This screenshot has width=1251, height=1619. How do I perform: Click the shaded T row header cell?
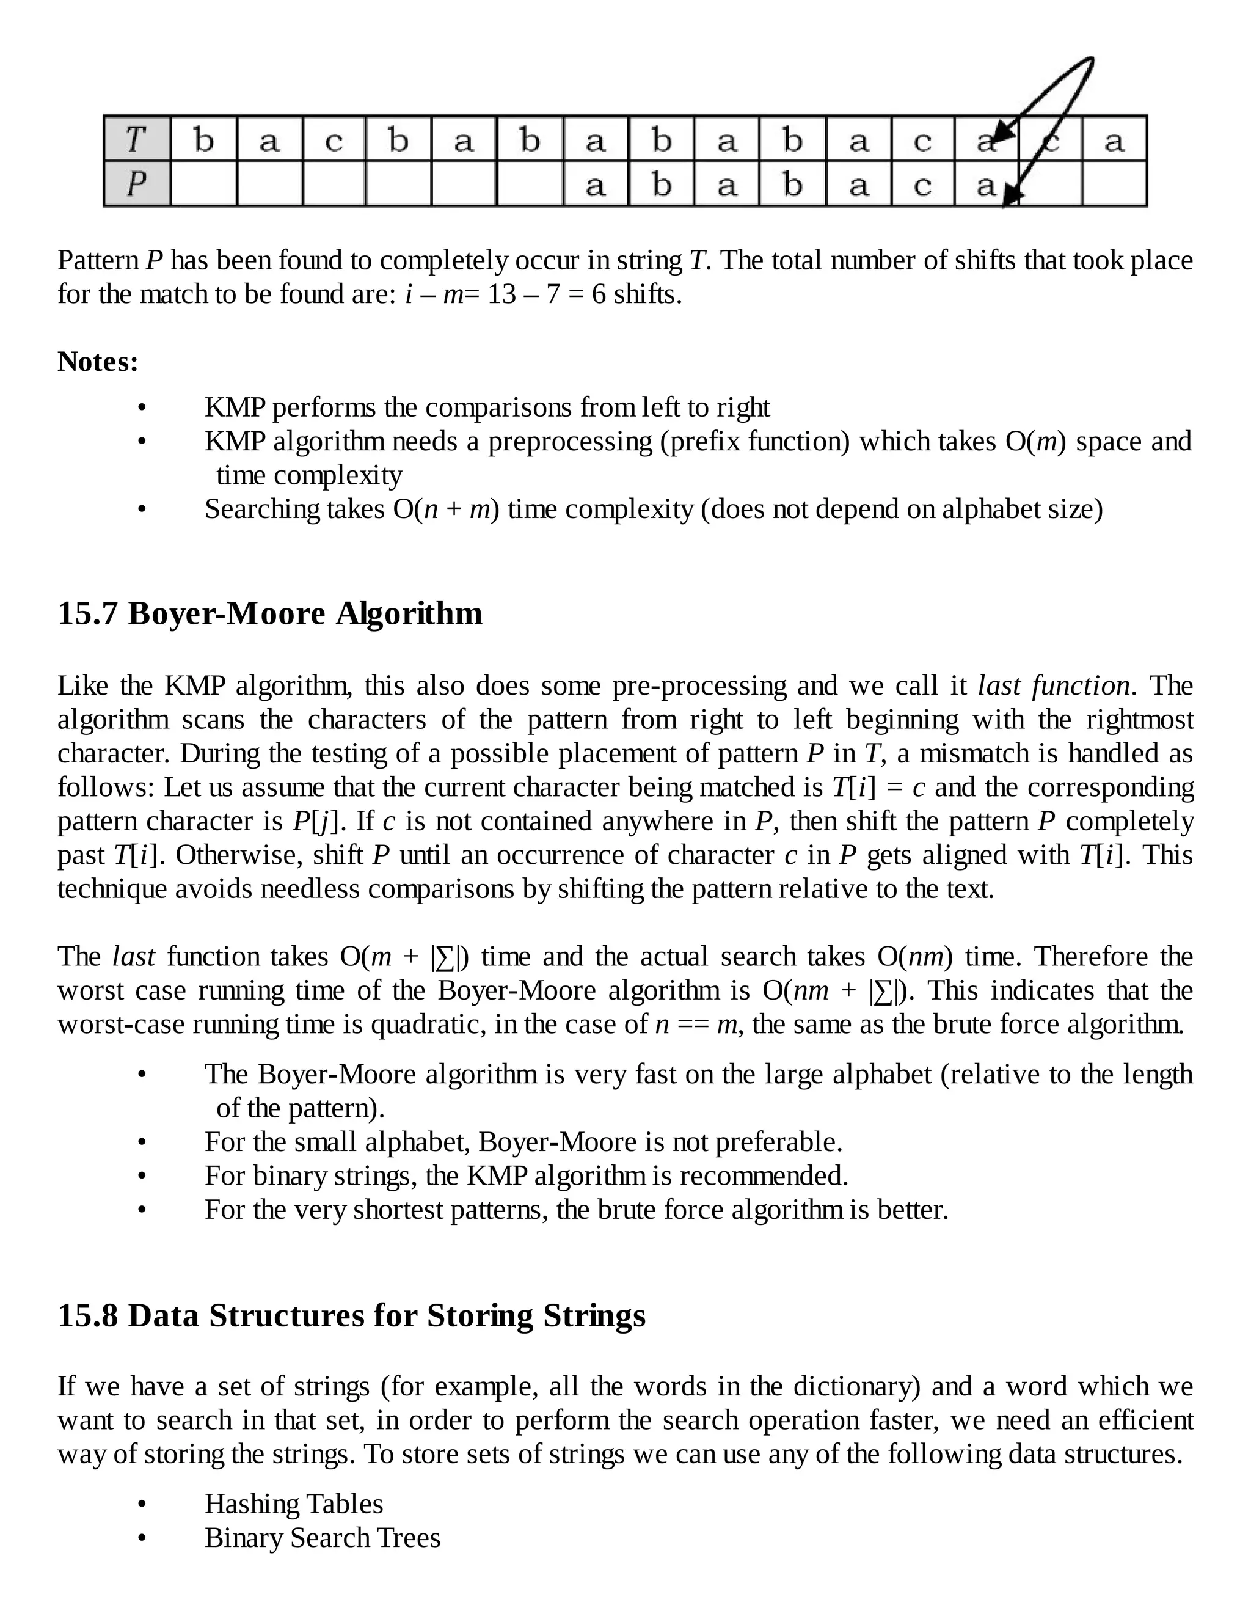136,139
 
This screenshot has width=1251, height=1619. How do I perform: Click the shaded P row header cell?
136,184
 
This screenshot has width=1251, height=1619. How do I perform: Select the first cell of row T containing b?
204,139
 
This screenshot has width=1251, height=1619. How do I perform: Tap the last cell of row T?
1114,139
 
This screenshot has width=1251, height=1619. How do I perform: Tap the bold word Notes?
98,362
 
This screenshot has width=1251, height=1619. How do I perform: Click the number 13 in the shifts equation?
501,295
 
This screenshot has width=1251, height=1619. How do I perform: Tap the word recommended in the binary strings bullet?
762,1175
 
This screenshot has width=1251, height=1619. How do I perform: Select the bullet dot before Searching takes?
142,510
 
